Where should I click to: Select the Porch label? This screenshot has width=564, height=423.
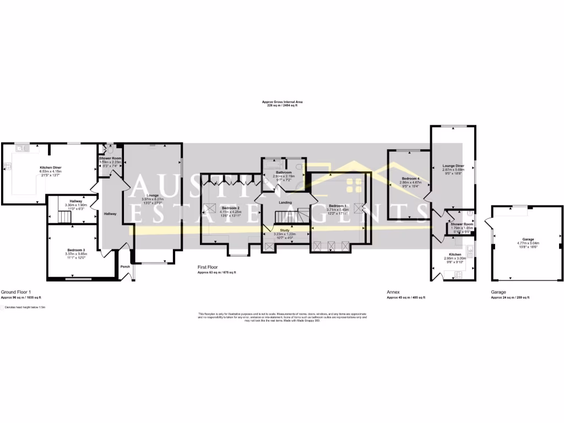coord(126,269)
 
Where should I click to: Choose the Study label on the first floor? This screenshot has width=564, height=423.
coord(285,230)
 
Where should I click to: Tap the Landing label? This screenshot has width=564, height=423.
coord(285,202)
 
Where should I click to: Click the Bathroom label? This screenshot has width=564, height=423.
coord(284,172)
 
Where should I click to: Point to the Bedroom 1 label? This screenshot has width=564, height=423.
coord(338,205)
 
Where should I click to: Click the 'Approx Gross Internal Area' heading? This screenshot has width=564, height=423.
coord(282,102)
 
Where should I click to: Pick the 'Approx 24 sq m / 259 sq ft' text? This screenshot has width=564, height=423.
coord(510,297)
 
